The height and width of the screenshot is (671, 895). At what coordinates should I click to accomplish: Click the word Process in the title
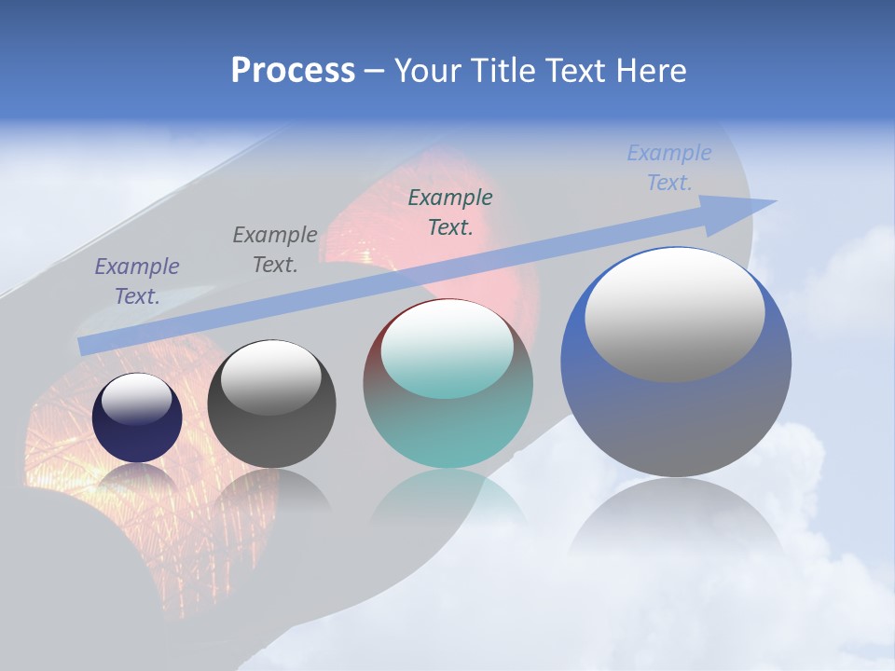[293, 71]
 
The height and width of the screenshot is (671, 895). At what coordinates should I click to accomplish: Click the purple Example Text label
[137, 281]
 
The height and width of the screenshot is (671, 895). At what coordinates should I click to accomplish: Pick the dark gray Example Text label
[275, 250]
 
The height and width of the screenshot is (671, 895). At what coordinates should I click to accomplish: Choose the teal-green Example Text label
[450, 212]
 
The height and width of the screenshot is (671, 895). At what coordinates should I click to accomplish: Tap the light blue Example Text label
[668, 168]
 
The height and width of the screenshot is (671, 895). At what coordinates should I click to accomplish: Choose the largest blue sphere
[676, 419]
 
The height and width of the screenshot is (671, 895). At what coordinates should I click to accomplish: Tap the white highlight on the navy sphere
[137, 398]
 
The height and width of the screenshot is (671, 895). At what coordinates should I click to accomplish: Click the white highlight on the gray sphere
[271, 377]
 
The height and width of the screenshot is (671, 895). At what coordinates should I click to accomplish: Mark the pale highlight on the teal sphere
[447, 349]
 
